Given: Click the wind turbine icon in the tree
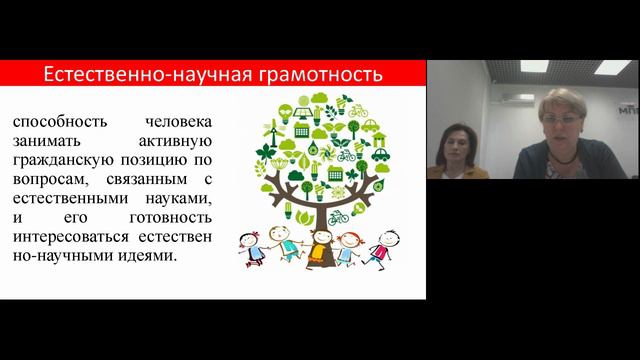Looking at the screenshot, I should point(269,129).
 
